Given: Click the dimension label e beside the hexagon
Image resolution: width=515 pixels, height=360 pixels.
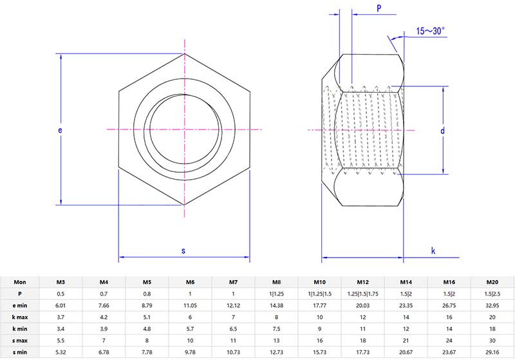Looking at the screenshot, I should (60, 130).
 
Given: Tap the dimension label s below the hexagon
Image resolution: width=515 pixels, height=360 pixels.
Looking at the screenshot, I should (183, 251).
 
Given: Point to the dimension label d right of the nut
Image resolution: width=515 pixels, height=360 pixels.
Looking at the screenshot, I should (442, 131).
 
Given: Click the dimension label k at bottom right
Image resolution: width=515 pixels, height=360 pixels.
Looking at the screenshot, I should (433, 251).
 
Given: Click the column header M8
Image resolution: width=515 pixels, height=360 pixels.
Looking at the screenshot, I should (276, 281).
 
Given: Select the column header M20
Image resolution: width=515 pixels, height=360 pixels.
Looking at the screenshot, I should (492, 281).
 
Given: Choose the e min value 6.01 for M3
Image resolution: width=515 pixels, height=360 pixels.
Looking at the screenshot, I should (61, 305).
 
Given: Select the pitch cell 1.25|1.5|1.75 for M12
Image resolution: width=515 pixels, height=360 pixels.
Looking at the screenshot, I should (362, 294).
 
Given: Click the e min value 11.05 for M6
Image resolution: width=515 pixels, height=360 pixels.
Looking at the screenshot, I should (190, 305).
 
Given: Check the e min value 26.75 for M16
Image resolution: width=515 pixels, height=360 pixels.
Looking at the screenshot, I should (449, 305).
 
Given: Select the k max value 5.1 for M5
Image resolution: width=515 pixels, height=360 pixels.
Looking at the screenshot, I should (147, 317).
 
